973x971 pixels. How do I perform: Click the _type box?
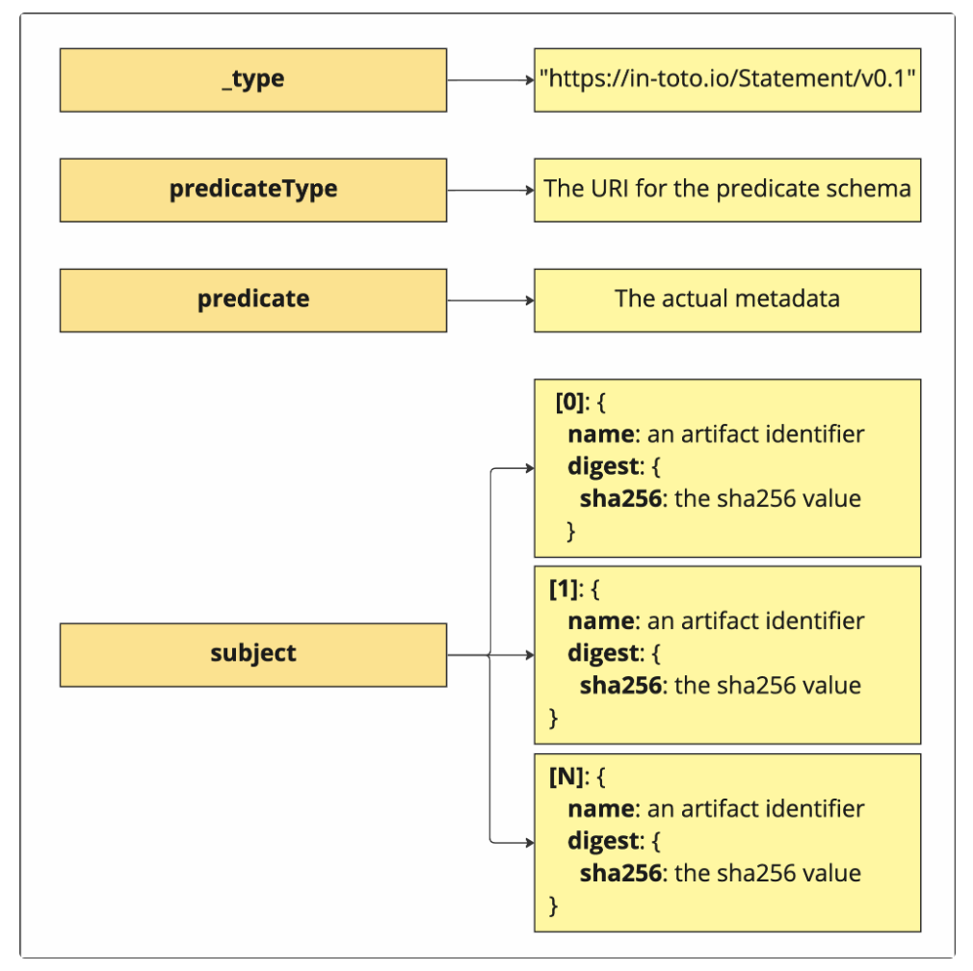(252, 80)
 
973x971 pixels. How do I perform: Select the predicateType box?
(252, 190)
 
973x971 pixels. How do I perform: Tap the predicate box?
(252, 300)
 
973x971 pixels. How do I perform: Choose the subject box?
(252, 654)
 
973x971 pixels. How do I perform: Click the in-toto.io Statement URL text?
(727, 79)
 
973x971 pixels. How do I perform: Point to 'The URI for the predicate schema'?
(727, 189)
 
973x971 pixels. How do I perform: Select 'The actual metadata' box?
(727, 300)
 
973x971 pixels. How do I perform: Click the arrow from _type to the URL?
(489, 80)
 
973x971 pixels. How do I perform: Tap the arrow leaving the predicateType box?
(489, 190)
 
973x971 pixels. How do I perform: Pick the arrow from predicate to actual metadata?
(489, 300)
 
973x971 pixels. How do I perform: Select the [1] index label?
(564, 589)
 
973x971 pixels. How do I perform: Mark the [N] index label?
(565, 776)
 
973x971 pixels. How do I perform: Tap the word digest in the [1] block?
(603, 653)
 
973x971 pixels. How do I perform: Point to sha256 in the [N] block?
(620, 874)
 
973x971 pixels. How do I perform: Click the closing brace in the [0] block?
(570, 531)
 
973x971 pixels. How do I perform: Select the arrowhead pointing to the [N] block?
(528, 842)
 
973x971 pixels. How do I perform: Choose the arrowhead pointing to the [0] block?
(528, 469)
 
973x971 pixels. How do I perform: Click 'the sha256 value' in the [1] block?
(767, 686)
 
